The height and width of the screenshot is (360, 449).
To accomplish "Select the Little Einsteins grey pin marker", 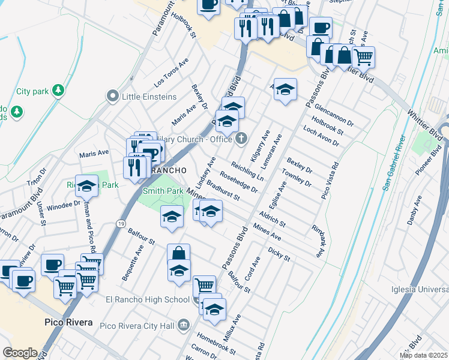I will (x=112, y=96).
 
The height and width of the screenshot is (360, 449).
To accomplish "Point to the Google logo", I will (x=20, y=352).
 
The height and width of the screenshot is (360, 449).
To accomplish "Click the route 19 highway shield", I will (x=121, y=223).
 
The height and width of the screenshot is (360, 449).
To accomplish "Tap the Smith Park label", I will (x=162, y=191).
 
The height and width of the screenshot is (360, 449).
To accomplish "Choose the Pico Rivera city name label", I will (x=68, y=322).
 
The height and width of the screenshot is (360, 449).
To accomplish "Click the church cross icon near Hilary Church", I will (x=241, y=139).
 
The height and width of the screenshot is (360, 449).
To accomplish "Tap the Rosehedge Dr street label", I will (x=239, y=181).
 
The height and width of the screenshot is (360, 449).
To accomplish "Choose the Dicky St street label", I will (x=279, y=254).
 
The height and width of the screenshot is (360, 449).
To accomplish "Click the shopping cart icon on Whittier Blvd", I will (x=363, y=58).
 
